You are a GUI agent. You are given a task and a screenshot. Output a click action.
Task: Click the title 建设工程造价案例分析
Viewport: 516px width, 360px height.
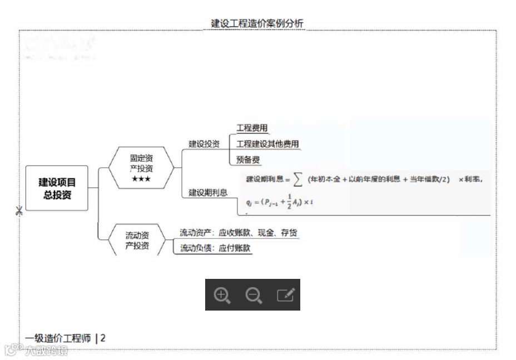257,23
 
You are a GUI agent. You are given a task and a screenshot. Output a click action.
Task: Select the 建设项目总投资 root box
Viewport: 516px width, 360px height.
57,188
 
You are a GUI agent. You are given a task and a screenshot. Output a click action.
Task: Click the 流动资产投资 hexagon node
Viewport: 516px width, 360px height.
137,240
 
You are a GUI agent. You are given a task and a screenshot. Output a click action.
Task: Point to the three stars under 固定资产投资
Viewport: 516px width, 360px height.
141,179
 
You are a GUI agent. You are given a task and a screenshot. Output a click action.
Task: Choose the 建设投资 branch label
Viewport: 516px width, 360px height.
204,144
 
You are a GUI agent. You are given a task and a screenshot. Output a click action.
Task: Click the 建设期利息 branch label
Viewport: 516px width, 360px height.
208,193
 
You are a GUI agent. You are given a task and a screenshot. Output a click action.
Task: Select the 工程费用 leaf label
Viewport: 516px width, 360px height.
252,128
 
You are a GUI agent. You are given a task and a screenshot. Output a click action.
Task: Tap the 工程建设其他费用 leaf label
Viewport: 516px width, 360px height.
267,144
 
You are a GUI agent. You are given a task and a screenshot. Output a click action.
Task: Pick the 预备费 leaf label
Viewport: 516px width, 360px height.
248,159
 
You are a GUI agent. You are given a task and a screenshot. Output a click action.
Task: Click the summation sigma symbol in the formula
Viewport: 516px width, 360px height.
299,179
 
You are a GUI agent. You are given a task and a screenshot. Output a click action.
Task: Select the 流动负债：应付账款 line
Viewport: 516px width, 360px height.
215,248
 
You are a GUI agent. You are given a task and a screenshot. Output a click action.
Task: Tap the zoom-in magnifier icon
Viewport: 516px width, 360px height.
222,295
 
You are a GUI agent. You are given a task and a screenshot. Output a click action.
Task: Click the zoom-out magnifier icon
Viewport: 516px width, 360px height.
254,295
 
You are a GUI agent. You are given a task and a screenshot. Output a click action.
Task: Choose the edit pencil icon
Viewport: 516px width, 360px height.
285,295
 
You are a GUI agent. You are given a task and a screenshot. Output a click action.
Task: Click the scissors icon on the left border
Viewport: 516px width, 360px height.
18,211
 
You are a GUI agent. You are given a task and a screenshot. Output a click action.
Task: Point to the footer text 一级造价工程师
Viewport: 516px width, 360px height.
58,338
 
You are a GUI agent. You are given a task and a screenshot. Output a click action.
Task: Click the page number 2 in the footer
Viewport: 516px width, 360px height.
103,338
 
